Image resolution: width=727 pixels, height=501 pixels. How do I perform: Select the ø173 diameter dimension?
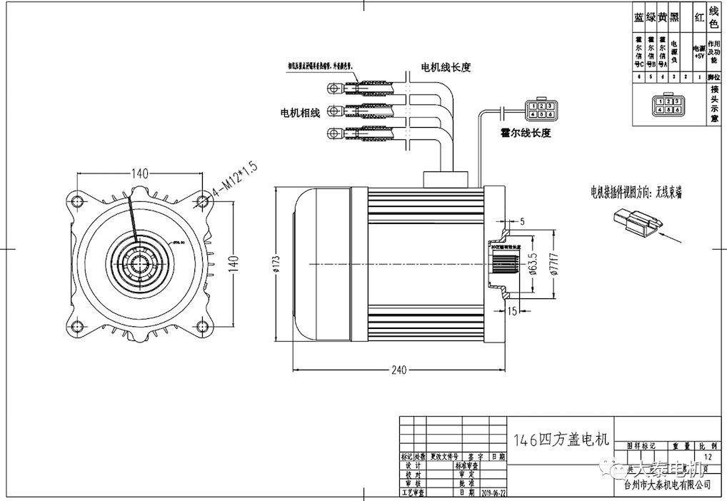pos(276,265)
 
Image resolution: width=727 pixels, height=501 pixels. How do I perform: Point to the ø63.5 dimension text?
pos(533,265)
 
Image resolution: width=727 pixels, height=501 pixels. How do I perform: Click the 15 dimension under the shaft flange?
pos(513,310)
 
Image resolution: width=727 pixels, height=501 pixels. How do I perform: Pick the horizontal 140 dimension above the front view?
pos(139,173)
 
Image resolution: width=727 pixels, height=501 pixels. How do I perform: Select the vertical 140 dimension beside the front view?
pos(232,263)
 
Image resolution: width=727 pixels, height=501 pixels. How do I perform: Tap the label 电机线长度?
pos(446,68)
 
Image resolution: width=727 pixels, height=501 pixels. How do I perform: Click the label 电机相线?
pos(299,113)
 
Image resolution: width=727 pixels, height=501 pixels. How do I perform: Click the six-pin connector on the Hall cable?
pos(541,109)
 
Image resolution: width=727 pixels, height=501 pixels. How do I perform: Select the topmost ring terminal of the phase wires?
pos(334,88)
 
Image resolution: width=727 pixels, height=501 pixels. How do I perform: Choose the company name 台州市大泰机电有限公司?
pos(667,485)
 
